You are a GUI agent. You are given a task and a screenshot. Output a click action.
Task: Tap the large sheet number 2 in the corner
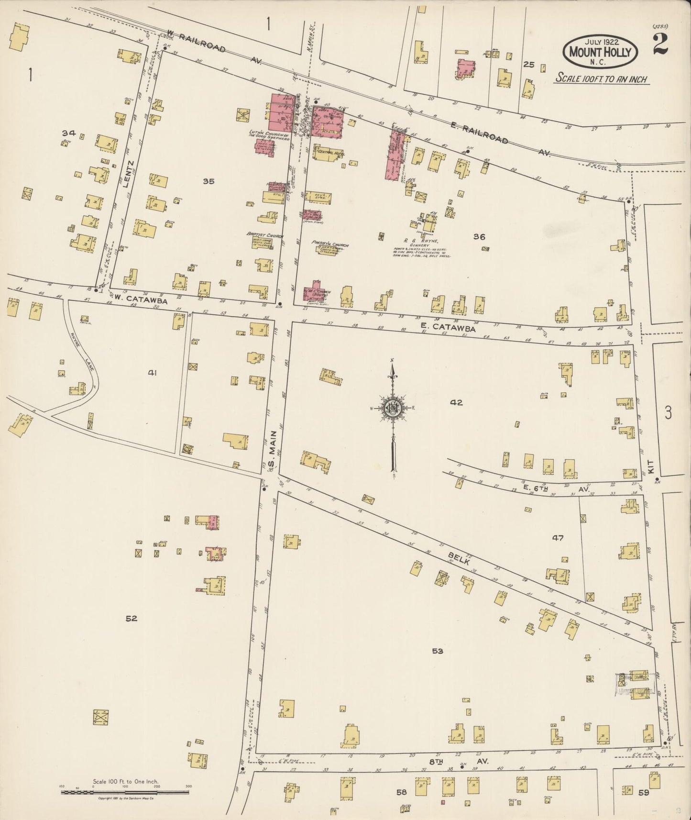(659, 45)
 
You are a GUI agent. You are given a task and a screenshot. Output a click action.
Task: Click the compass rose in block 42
(393, 408)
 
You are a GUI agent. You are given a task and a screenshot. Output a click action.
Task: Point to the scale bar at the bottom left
(126, 792)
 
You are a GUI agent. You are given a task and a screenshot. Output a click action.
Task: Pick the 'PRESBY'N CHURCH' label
(330, 244)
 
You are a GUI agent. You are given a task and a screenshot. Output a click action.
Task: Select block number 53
(438, 651)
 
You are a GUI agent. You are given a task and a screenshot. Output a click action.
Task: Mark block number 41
(153, 372)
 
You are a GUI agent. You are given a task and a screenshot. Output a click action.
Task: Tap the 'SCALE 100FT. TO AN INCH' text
(601, 78)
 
